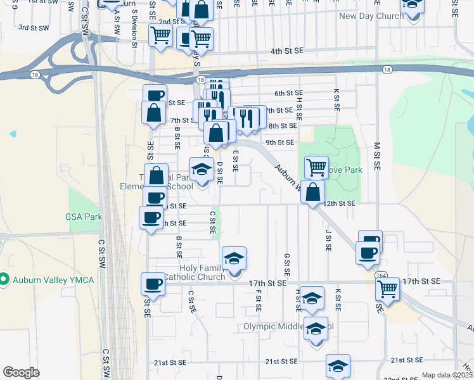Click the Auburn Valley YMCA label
point(53,280)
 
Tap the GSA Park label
point(84,217)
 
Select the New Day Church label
point(371,16)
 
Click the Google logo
point(21,372)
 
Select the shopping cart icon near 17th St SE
point(387,289)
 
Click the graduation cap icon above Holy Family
point(234,258)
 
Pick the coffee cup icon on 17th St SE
point(153,284)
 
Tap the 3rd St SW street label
point(34,28)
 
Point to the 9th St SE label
point(279,142)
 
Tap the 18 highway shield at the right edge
point(387,68)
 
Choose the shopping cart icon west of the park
point(316,168)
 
